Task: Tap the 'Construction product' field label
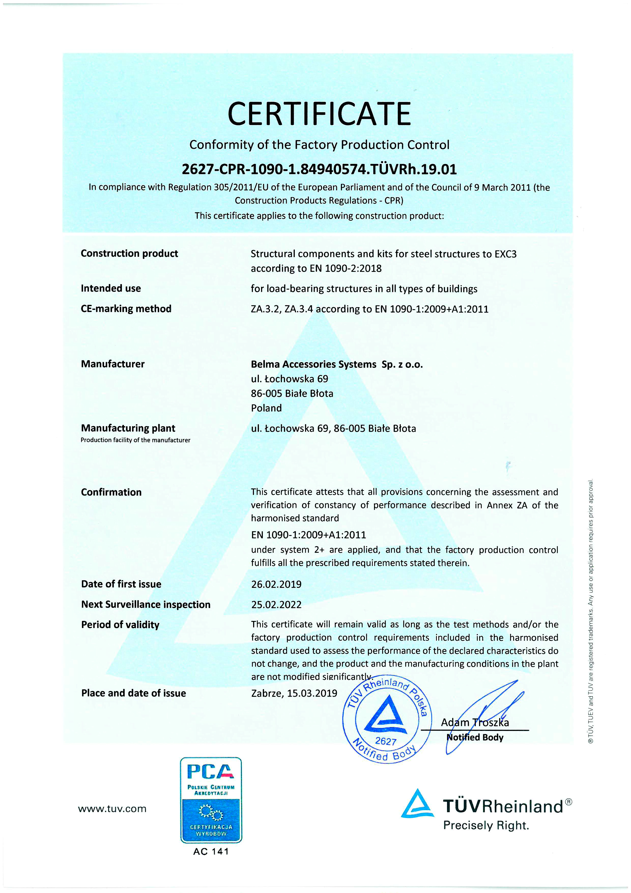click(129, 253)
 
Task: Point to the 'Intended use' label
click(111, 288)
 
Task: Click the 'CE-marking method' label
click(126, 309)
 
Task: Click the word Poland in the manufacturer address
click(266, 408)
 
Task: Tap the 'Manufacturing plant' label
click(128, 428)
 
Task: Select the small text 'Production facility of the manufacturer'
click(135, 440)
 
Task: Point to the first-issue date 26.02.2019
click(276, 584)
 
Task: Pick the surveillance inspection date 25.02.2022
click(276, 604)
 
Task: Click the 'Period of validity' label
click(120, 625)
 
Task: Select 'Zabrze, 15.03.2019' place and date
click(294, 693)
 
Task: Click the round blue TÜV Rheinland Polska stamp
click(385, 719)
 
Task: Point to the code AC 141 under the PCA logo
click(211, 851)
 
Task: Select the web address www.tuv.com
click(112, 809)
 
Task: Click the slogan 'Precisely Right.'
click(486, 825)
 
